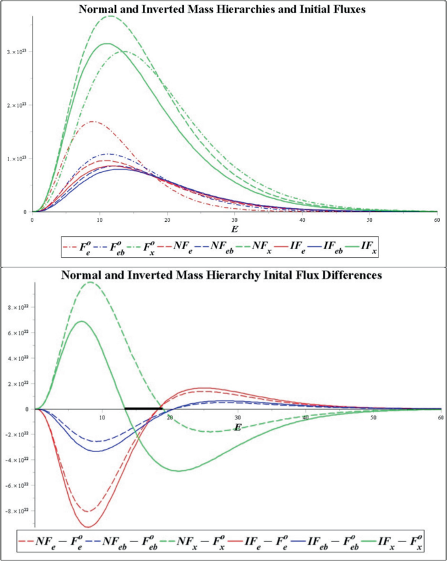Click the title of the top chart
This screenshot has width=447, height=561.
223,9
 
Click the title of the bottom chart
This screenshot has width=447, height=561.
223,275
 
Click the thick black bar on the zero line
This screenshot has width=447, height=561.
143,408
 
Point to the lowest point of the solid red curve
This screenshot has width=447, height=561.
87,526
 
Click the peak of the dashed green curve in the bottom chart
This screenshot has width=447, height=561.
90,282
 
